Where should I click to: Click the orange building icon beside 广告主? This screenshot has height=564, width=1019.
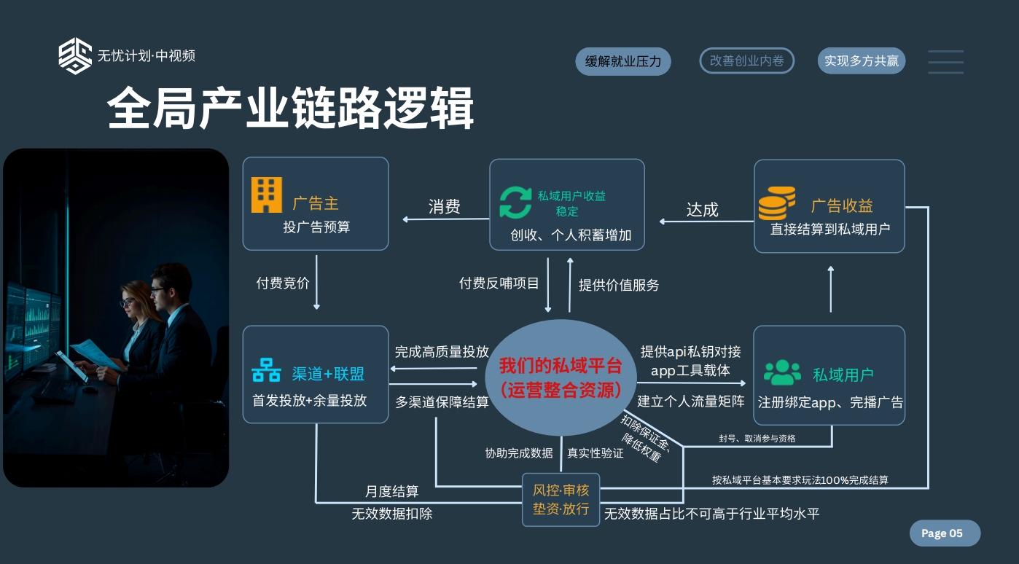coord(267,195)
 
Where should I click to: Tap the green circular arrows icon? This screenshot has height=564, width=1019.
coord(515,203)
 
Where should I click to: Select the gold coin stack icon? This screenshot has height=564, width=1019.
coord(776,203)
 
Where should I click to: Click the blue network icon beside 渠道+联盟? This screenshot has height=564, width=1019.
coord(266,369)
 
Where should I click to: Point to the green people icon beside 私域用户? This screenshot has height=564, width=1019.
coord(782,372)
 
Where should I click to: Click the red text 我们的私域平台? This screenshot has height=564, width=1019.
coord(561,366)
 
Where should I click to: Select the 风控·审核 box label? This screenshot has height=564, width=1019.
coord(561,490)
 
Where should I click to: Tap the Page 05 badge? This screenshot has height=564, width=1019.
coord(945,533)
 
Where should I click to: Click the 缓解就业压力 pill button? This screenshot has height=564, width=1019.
coord(622,61)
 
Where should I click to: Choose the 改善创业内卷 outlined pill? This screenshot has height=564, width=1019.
coord(746,60)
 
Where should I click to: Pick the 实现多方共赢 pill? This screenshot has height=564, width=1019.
coord(861,60)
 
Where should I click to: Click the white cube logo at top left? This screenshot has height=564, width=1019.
coord(75,55)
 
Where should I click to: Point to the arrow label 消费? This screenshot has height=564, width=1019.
coord(444,206)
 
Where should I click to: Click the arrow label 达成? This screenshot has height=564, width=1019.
coord(702,210)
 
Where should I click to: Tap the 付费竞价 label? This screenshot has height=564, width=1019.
coord(283,283)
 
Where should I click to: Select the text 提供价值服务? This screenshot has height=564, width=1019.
coord(619,285)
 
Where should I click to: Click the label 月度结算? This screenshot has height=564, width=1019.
coord(391,491)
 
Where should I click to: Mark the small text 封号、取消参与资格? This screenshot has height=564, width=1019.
coord(757,439)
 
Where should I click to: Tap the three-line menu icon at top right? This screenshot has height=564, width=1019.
coord(946,62)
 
